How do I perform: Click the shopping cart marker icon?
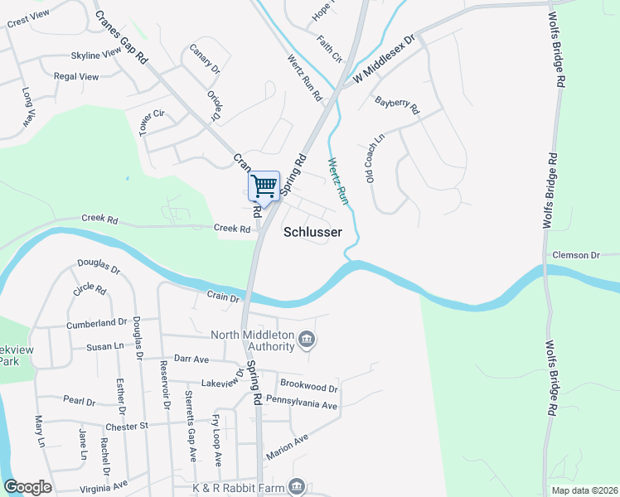264,186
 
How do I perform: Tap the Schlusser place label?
312,233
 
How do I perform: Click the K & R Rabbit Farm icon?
297,486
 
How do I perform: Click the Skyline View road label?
96,55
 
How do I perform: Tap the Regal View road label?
75,77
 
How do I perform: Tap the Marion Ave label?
287,447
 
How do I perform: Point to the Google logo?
27,487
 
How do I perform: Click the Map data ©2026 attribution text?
584,490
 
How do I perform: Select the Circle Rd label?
89,290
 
